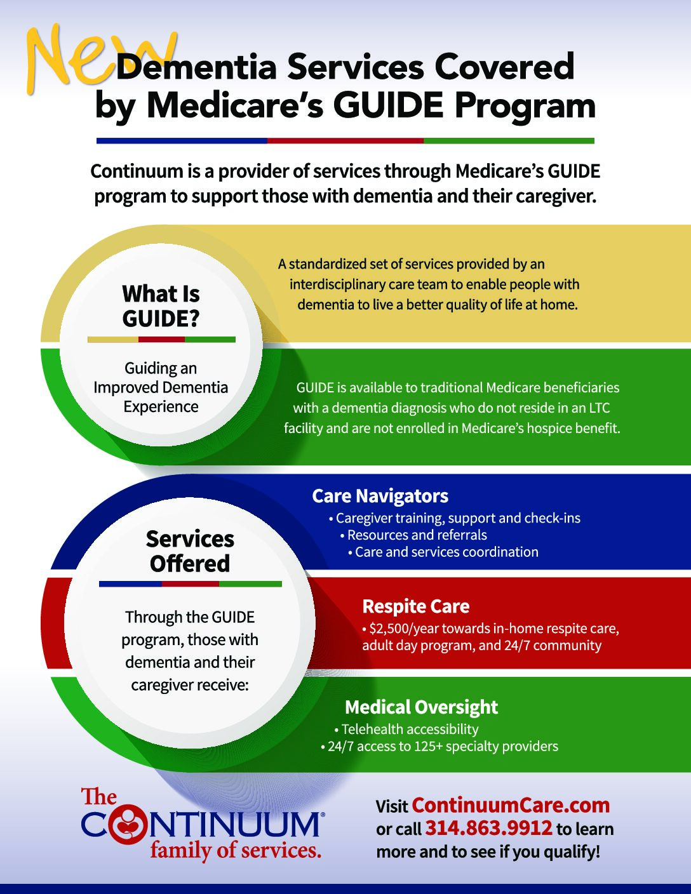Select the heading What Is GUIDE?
tap(161, 305)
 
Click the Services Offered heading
tap(190, 551)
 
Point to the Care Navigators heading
tap(380, 496)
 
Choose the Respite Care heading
tap(415, 607)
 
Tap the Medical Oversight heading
tap(422, 707)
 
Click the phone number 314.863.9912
tap(488, 828)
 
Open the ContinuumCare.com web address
tap(511, 805)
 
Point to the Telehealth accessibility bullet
tap(406, 730)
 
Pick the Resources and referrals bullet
tap(413, 535)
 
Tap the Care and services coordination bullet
tap(443, 552)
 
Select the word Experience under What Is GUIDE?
tap(161, 406)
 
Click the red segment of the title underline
tap(345, 141)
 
